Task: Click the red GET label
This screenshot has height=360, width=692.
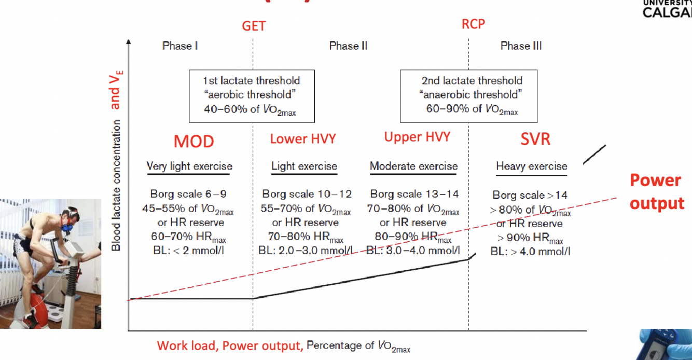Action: [x=254, y=26]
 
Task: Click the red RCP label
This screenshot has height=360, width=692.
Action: [x=473, y=24]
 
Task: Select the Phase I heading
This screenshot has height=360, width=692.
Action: [x=180, y=46]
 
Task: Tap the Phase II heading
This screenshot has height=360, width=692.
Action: [x=348, y=46]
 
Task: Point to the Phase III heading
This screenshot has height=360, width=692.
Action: [x=521, y=46]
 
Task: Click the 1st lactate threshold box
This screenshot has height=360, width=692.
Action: [x=252, y=95]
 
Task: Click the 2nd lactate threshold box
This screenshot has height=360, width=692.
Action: [x=468, y=95]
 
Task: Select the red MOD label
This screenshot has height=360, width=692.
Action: [x=193, y=142]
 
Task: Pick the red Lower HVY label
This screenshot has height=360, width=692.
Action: [x=303, y=139]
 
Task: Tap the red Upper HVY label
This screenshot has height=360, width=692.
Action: [x=417, y=137]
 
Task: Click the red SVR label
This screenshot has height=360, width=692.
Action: [x=535, y=139]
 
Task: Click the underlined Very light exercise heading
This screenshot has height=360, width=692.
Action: [x=189, y=167]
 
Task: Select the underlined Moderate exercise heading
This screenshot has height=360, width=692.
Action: [x=413, y=167]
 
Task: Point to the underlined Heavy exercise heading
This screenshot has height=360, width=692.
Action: [x=532, y=167]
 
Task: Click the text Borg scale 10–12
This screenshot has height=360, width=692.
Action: [x=307, y=194]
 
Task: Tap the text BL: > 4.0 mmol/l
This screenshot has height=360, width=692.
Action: [x=530, y=252]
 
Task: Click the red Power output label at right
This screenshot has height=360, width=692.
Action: [x=656, y=191]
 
